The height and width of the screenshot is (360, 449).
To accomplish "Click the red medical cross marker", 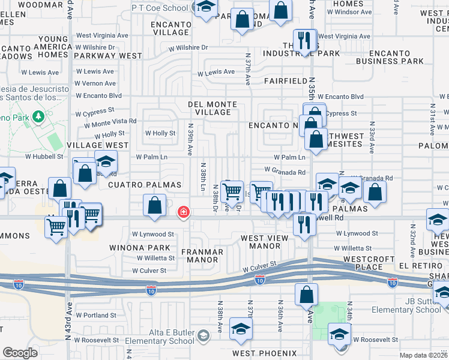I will [x=184, y=212].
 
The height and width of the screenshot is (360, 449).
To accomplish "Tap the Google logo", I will [x=20, y=353].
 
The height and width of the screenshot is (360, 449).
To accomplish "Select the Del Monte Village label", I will [x=212, y=108].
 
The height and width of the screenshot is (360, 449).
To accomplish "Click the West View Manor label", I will [x=265, y=242].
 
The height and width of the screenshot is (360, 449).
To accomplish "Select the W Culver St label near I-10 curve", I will [x=260, y=263].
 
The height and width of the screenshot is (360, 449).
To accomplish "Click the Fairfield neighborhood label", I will [x=285, y=80].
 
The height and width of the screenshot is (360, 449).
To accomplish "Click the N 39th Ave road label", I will [x=190, y=139].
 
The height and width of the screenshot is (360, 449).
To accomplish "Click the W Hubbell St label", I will [x=43, y=157].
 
